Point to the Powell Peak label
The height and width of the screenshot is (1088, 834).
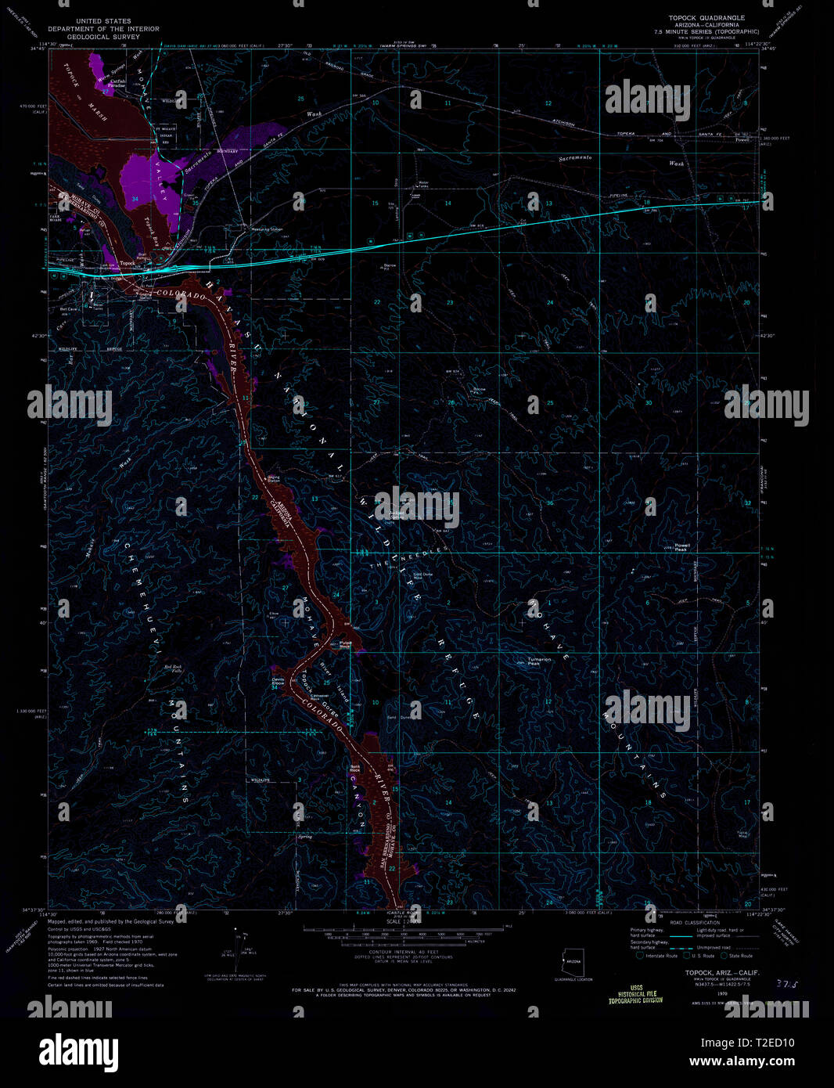click(x=681, y=547)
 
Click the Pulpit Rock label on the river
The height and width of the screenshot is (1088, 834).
click(x=345, y=644)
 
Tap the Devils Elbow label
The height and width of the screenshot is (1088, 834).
click(x=278, y=681)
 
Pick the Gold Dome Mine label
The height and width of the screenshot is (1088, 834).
click(x=422, y=576)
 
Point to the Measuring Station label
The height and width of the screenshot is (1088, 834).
click(x=266, y=229)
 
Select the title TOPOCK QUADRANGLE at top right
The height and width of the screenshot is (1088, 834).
click(x=706, y=17)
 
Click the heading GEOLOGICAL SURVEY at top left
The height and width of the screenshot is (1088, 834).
click(x=92, y=37)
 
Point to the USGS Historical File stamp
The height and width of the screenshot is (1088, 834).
click(x=635, y=994)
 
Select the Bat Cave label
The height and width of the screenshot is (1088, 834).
click(x=68, y=309)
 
